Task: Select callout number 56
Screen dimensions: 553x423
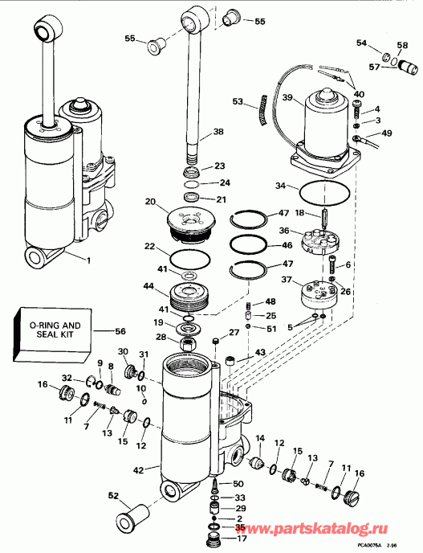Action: (120, 330)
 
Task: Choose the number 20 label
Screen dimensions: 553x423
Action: (149, 202)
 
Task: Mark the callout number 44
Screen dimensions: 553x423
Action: (148, 285)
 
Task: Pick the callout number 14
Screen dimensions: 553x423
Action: (259, 439)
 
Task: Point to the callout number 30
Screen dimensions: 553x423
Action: (123, 351)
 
